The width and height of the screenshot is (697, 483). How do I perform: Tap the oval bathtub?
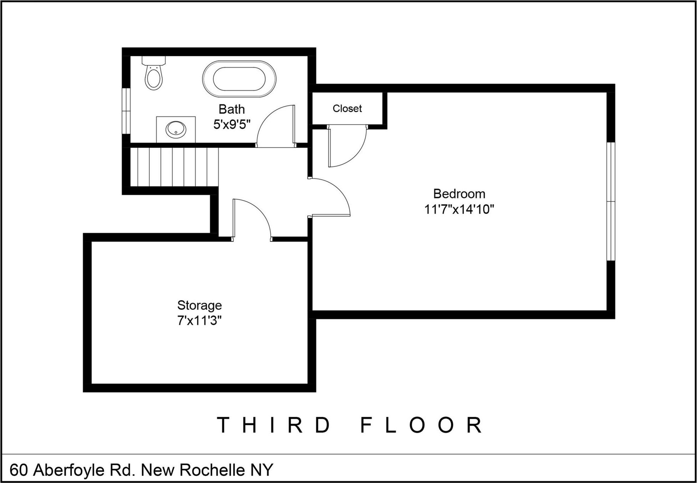coord(239,79)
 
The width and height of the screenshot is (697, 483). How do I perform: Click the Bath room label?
coord(232,109)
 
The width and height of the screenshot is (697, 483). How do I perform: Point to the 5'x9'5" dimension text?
coord(232,124)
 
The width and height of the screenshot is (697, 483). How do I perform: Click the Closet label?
coord(347,108)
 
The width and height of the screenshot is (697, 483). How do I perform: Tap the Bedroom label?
coord(459,194)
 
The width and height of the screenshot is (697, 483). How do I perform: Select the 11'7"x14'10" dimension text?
coord(459,209)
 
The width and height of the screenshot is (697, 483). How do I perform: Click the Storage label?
coord(199,305)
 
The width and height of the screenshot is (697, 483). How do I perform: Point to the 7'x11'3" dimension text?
coord(199,321)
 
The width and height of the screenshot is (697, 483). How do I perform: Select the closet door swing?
coord(347,148)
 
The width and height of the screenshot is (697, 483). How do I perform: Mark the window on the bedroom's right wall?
coord(610,202)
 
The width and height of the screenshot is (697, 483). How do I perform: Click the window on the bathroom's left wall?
coord(126,111)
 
